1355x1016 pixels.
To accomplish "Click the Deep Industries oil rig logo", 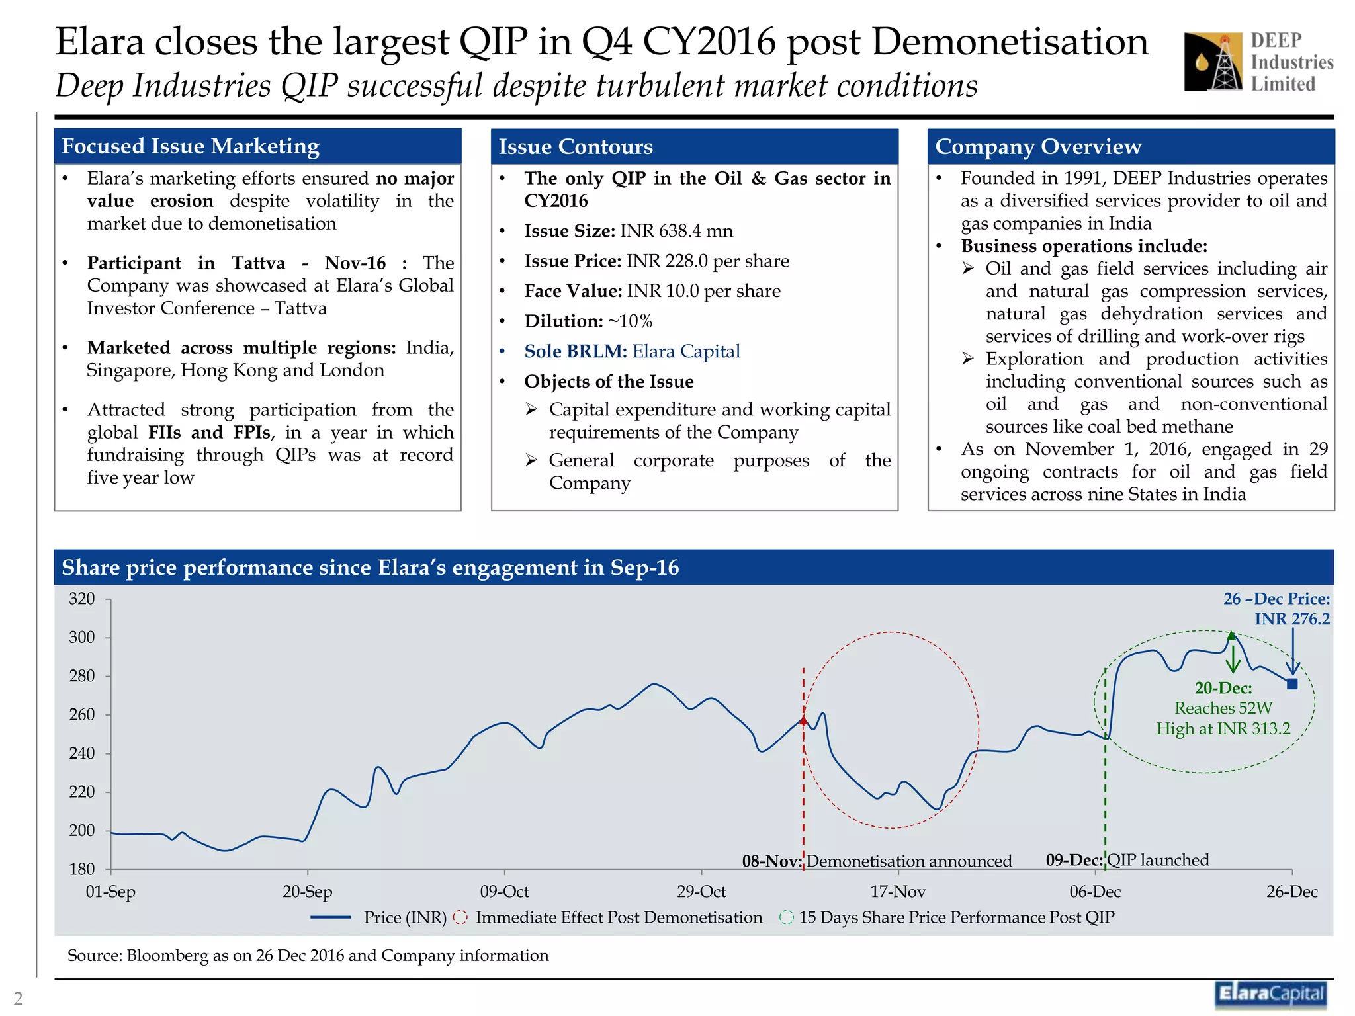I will (1213, 62).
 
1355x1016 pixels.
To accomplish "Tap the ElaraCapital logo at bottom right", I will (1270, 994).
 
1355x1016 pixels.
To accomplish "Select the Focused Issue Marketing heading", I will (191, 146).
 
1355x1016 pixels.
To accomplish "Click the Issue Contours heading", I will (575, 147).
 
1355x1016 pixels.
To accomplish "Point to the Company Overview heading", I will (1037, 147).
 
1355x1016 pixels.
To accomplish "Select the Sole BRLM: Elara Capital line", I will (631, 351).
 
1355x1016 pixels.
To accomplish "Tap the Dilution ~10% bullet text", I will (588, 321).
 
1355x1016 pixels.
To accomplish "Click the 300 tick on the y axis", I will (82, 638).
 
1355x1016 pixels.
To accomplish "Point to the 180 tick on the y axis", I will (82, 869).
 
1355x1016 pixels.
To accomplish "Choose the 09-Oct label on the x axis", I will (504, 892).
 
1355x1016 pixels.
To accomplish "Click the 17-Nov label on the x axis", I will (897, 892).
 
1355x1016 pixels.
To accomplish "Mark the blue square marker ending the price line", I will (1291, 684).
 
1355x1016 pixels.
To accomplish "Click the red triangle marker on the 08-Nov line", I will (803, 720).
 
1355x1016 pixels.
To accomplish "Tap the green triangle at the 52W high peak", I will (1231, 636).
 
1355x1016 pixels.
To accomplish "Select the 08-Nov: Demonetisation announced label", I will (877, 861).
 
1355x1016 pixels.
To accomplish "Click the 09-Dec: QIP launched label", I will (1127, 860).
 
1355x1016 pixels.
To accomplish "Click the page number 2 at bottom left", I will (18, 998).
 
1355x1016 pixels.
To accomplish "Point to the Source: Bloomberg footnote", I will (308, 956).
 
